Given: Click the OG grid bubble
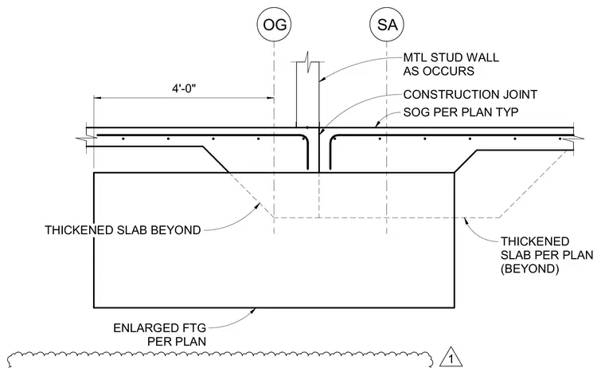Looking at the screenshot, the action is click(274, 25).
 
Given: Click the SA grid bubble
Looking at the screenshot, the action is click(387, 25).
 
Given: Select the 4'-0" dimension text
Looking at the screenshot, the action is click(184, 88).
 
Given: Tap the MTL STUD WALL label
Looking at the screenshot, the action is click(451, 57).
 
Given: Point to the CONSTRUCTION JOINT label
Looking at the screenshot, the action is click(470, 95).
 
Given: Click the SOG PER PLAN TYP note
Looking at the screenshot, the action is click(461, 112).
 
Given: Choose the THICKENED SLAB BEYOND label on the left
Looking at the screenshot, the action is click(123, 230).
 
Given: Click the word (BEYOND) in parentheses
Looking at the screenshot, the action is click(529, 268).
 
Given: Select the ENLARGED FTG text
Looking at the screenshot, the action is click(160, 328).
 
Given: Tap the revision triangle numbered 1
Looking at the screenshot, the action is click(451, 358).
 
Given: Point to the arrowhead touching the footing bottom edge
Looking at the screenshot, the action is click(253, 310).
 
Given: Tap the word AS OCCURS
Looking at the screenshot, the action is click(439, 71).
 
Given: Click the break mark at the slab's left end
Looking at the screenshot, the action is click(87, 137).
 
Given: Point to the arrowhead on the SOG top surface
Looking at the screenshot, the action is click(378, 124).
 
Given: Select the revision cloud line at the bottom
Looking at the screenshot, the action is click(219, 358).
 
